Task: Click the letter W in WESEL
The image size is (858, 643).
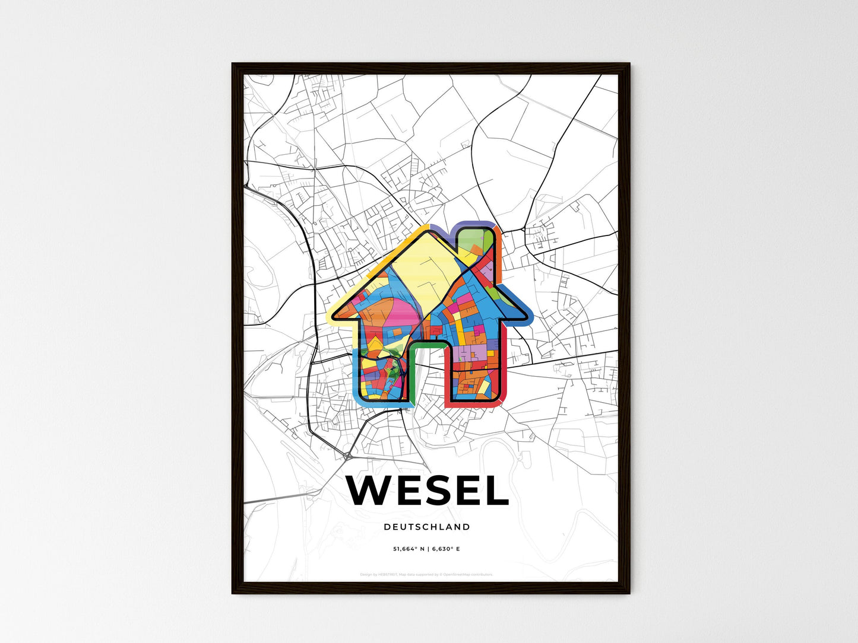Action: click(x=371, y=491)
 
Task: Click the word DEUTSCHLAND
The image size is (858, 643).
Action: click(x=427, y=527)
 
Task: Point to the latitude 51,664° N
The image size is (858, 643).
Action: click(x=409, y=549)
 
